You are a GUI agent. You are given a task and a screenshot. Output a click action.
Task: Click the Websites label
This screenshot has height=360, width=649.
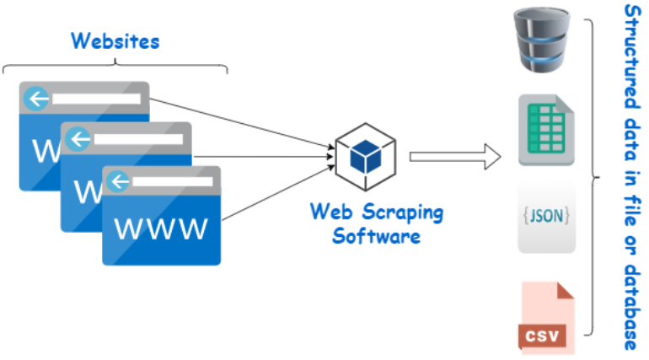[115, 40]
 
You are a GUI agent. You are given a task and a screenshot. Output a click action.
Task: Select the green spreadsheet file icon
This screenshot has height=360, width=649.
[547, 130]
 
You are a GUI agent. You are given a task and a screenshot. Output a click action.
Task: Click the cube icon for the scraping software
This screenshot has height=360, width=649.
[367, 154]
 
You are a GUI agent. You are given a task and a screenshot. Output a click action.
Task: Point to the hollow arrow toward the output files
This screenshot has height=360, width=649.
[455, 156]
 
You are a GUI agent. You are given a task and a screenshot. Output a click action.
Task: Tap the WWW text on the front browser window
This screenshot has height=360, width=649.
[161, 228]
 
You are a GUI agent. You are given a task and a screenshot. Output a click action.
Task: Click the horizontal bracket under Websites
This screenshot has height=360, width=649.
[115, 67]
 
